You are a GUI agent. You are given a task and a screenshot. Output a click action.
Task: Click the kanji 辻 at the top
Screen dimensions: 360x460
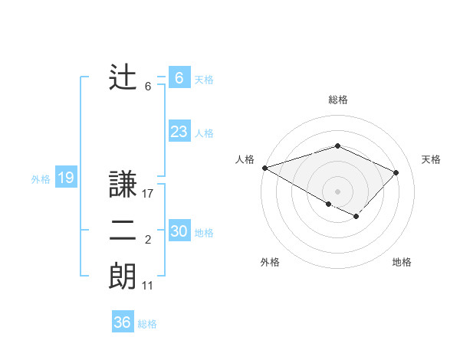click(x=123, y=78)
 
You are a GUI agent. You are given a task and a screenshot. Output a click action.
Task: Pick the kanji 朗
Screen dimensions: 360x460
click(x=123, y=276)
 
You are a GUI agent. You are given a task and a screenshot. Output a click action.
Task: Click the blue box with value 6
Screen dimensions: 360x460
click(x=179, y=78)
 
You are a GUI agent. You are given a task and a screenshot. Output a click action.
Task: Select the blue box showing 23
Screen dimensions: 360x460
click(x=179, y=132)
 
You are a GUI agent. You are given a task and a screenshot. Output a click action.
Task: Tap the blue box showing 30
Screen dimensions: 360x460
click(x=179, y=231)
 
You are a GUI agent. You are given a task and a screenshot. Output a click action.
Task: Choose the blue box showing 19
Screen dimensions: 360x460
click(x=65, y=178)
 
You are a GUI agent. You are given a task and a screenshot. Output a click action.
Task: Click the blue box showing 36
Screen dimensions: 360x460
click(x=122, y=322)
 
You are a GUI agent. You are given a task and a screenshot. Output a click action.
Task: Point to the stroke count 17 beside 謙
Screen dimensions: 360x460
click(x=148, y=195)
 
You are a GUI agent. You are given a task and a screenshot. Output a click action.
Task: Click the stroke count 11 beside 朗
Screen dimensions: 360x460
click(x=148, y=286)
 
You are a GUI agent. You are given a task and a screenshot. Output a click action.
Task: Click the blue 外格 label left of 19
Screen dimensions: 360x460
click(x=41, y=179)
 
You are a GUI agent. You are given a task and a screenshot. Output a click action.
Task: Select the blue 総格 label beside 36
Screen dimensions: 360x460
click(x=147, y=324)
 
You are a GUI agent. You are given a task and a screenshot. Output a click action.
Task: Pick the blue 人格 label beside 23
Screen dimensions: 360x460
click(x=204, y=133)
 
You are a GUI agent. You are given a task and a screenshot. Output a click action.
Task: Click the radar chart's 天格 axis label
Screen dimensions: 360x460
click(x=431, y=159)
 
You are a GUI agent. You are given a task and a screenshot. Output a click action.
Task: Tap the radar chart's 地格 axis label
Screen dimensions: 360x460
click(x=402, y=262)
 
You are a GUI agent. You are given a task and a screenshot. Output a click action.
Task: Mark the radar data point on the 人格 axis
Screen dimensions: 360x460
click(x=264, y=167)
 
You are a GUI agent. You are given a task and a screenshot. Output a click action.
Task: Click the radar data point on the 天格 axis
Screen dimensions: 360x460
click(x=396, y=172)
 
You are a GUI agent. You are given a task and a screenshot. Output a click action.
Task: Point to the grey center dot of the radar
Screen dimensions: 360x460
click(x=337, y=191)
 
